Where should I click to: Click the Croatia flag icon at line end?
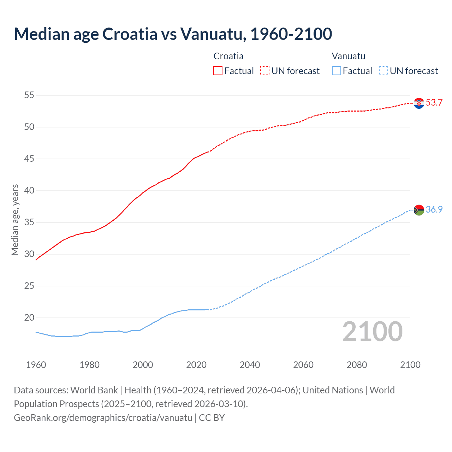coord(419,103)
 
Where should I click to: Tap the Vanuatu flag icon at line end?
coord(419,210)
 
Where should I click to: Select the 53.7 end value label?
coord(434,103)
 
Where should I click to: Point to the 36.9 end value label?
coord(434,209)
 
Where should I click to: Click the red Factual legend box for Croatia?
coord(218,71)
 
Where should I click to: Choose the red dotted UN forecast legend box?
coord(265,71)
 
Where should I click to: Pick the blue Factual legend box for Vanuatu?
coord(337,71)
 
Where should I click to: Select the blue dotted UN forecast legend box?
coord(383,71)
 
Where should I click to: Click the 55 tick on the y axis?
coord(29,95)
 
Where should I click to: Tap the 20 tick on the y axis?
coord(29,317)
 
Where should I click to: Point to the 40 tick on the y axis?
coord(29,190)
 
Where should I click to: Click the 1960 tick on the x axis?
coord(36,365)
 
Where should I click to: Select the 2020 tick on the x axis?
coord(196,365)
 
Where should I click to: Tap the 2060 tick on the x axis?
coord(303,365)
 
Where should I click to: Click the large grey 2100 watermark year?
coord(372,332)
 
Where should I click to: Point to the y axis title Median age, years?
coord(15,220)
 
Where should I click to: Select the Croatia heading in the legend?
coord(228,56)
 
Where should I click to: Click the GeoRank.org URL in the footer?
coord(103,418)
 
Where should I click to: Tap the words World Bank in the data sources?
coord(94,390)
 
